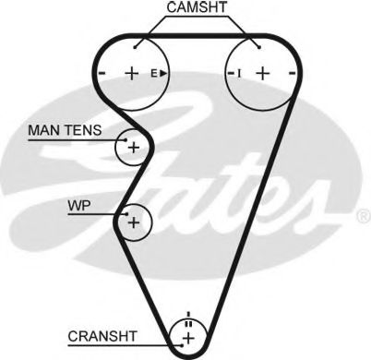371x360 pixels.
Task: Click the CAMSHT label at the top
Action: (197, 7)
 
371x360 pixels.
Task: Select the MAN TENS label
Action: (66, 132)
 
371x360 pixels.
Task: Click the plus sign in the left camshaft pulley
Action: (131, 72)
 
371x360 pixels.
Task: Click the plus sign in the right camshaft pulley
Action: (261, 72)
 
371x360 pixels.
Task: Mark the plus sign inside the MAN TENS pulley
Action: (134, 147)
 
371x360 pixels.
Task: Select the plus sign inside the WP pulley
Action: (134, 222)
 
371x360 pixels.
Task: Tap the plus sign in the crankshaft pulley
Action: (188, 339)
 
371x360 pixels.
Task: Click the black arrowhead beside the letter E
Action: (163, 72)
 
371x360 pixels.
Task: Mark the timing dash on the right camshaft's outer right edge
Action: (292, 72)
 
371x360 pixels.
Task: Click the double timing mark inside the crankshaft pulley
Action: (188, 323)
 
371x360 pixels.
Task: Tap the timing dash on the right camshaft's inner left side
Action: (228, 72)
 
